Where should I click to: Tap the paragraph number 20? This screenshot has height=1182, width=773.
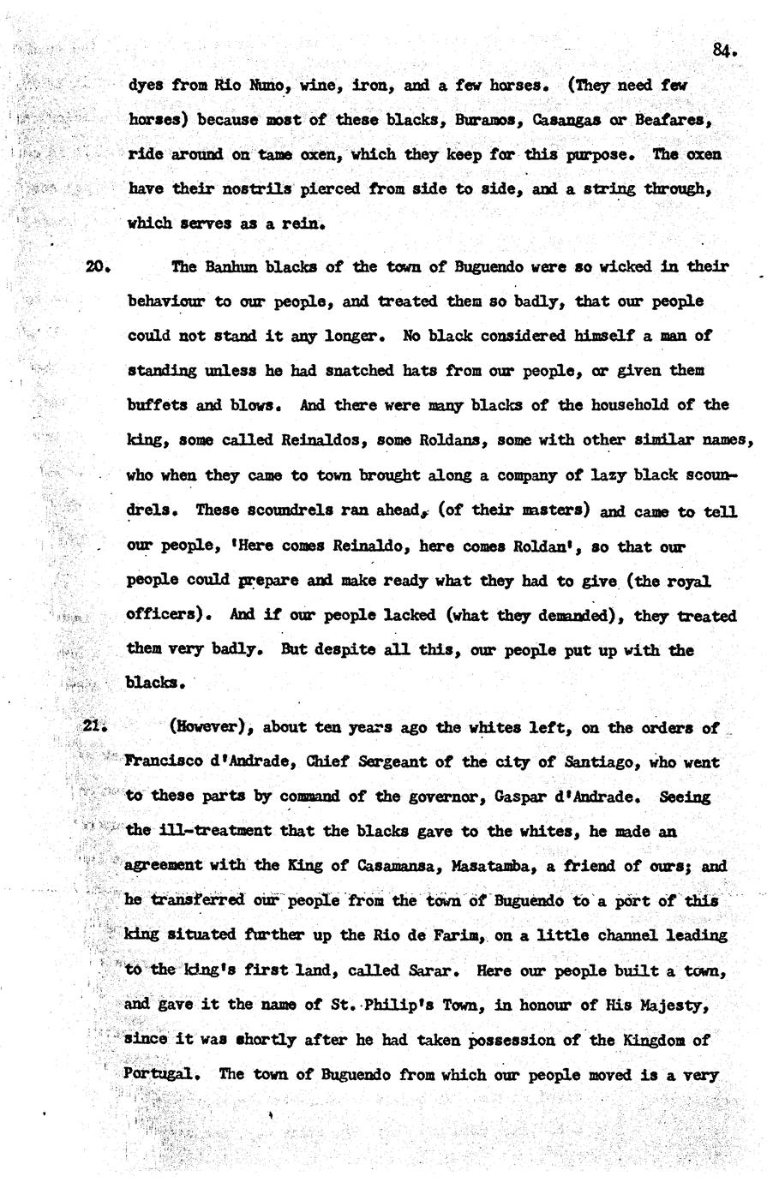pyautogui.click(x=96, y=266)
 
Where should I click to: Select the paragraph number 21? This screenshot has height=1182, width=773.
pyautogui.click(x=93, y=726)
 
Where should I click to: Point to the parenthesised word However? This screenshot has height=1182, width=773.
pyautogui.click(x=210, y=727)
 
